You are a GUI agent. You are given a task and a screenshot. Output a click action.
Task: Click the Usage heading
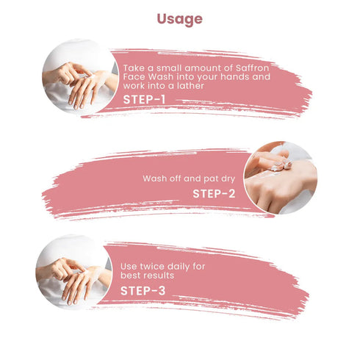coord(180,19)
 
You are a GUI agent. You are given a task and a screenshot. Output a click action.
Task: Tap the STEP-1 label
coord(144,100)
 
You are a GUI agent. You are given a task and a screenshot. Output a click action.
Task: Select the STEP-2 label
coord(214,194)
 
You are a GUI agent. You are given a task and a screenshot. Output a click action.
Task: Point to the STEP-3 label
coord(143,291)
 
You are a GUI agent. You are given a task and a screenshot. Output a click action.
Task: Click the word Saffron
coord(253,68)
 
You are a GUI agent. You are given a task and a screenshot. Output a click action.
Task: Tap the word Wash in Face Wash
coord(160,76)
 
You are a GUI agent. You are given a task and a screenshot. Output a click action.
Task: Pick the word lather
coord(190,86)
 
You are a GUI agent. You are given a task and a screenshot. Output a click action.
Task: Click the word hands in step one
coord(234,76)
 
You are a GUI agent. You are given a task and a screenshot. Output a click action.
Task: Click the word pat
coord(211,179)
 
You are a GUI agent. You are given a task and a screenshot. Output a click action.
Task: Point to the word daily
coord(181,267)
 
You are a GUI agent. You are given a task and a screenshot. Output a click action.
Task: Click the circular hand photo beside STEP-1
coord(80,76)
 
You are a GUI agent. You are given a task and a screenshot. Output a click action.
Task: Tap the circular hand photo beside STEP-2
coord(281,178)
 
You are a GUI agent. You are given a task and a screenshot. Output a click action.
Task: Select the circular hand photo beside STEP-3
coord(74,273)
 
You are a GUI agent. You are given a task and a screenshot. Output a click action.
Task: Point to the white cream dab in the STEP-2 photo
coord(281,167)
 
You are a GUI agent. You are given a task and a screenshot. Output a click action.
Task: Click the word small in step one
coord(168,68)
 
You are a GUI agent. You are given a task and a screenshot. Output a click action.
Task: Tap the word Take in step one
coord(133,68)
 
